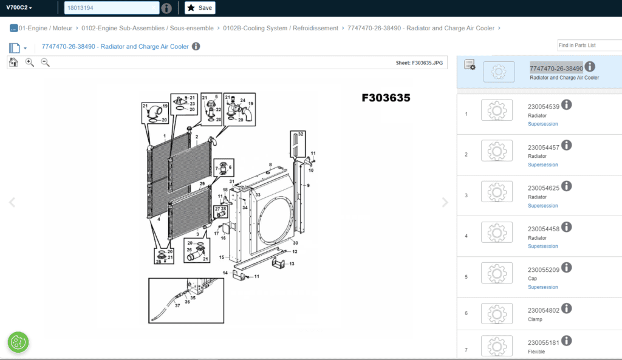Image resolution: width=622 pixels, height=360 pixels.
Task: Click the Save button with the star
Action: (200, 8)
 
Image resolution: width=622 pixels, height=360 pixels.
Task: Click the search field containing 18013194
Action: (112, 8)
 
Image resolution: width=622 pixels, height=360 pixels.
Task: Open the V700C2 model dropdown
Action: (19, 7)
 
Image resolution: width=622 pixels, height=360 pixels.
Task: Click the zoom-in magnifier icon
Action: (30, 63)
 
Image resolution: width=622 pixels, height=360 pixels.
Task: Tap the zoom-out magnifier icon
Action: (45, 63)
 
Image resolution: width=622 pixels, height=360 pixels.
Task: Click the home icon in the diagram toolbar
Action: (13, 63)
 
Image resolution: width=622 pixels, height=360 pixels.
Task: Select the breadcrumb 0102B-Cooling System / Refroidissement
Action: (281, 28)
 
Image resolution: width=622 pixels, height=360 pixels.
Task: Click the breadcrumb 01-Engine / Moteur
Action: (45, 28)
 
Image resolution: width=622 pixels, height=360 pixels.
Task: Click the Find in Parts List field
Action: (589, 45)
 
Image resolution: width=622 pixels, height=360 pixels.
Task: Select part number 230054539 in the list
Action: (544, 107)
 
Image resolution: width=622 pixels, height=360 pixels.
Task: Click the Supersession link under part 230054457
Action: (542, 165)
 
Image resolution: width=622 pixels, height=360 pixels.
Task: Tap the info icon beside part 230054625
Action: (567, 186)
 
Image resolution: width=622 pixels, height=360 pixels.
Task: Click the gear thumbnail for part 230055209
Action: (497, 273)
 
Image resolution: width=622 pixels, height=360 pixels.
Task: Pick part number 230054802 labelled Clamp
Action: (544, 310)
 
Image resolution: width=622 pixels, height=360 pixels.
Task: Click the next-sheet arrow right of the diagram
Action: (445, 202)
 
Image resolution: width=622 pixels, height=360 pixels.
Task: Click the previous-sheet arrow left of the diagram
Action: (12, 202)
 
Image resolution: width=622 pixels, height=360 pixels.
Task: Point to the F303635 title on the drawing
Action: (386, 98)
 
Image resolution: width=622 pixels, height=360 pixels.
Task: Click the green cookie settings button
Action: (18, 342)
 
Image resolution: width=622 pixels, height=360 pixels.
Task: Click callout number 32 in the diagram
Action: (301, 134)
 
